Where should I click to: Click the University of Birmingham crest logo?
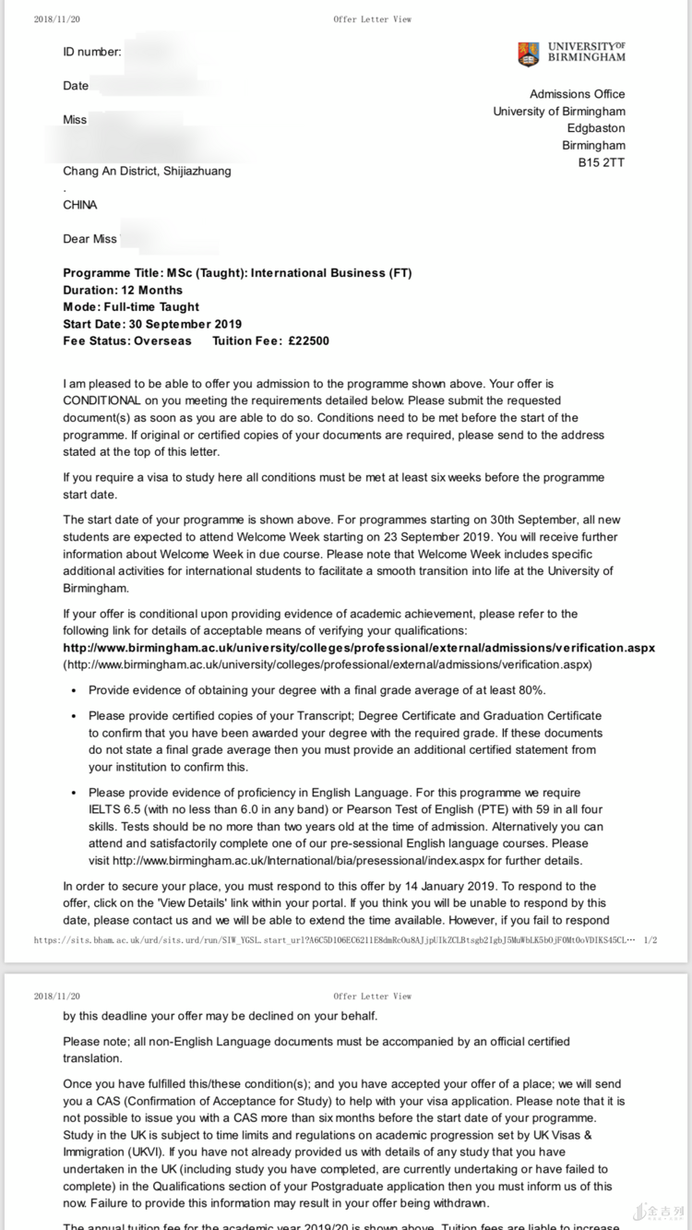click(x=528, y=54)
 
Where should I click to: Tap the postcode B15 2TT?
click(x=602, y=162)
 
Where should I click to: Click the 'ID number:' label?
click(x=92, y=52)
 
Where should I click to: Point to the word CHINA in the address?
click(x=80, y=205)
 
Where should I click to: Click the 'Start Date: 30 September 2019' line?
click(x=152, y=324)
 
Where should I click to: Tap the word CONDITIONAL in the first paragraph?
click(x=101, y=400)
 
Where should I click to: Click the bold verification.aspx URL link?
click(x=359, y=648)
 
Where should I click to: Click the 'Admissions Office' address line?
click(x=577, y=94)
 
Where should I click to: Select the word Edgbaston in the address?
click(x=595, y=128)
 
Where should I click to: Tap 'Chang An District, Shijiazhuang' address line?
click(x=148, y=171)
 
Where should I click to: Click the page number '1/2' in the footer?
click(x=650, y=940)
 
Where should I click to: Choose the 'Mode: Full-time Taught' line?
click(x=131, y=306)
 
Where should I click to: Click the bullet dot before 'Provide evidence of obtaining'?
click(x=74, y=691)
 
